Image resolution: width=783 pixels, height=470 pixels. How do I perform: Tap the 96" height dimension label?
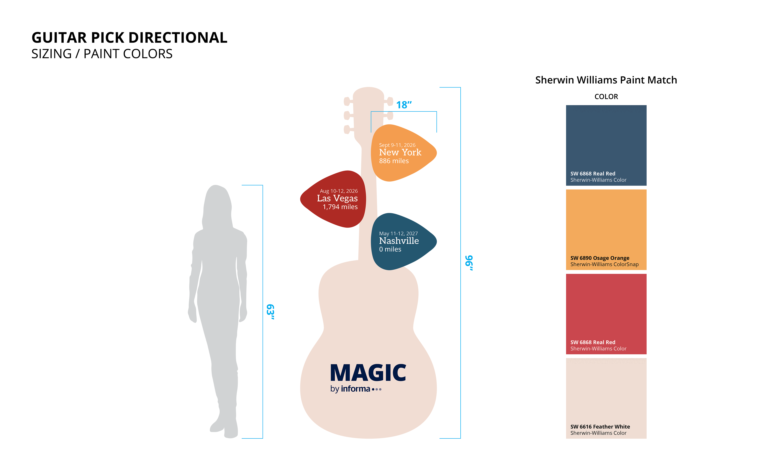(x=469, y=263)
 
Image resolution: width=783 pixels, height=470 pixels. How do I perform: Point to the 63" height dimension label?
(x=270, y=312)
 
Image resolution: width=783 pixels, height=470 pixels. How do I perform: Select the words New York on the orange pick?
(x=400, y=152)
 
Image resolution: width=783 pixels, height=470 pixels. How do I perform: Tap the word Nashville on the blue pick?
(x=399, y=241)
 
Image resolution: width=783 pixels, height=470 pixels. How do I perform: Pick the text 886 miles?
(x=394, y=161)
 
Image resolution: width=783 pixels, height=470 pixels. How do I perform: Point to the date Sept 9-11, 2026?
(x=397, y=145)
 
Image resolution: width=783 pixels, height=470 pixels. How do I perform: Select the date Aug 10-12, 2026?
(x=339, y=191)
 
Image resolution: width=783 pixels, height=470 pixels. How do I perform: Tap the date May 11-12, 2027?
(x=398, y=233)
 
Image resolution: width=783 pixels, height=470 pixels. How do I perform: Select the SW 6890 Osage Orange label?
(x=600, y=258)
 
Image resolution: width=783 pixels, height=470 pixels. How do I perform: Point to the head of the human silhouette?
(x=217, y=203)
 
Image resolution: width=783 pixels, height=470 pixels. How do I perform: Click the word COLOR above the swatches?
(x=606, y=97)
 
